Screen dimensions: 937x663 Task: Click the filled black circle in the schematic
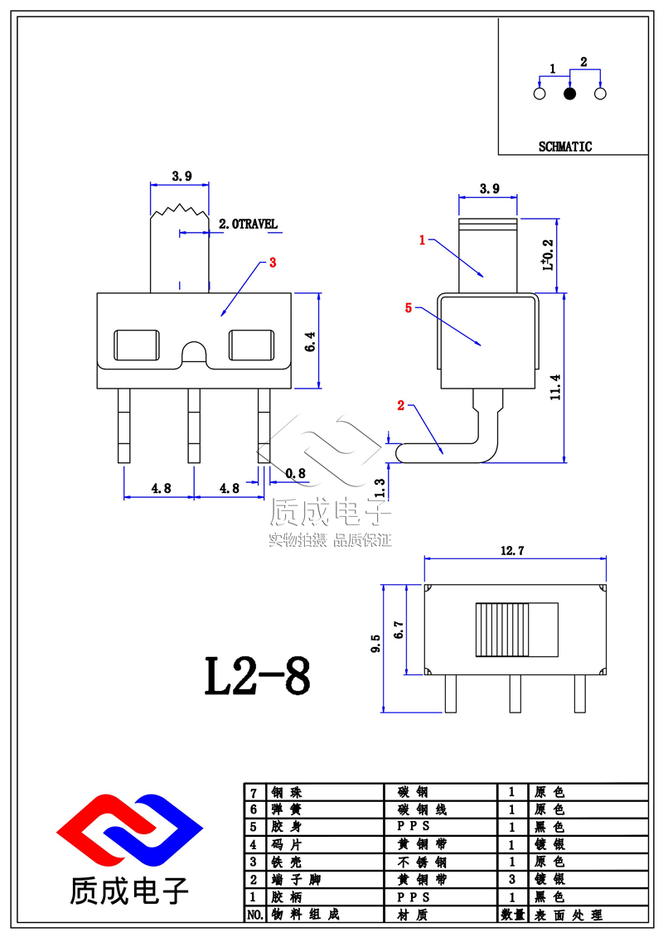[x=569, y=94]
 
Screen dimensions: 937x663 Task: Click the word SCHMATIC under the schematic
[x=565, y=147]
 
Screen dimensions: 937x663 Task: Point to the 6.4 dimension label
[x=308, y=342]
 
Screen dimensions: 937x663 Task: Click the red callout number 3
[x=273, y=263]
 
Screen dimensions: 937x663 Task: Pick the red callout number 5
[x=408, y=308]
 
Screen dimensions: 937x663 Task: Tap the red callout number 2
[x=401, y=405]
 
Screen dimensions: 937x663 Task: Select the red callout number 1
[x=422, y=240]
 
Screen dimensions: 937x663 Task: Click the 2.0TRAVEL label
[x=247, y=224]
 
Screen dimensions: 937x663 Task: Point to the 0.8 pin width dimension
[x=294, y=474]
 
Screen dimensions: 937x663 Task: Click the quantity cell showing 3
[x=511, y=879]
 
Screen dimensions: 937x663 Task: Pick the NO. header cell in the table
[x=254, y=915]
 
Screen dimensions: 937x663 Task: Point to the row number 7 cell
[x=253, y=792]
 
